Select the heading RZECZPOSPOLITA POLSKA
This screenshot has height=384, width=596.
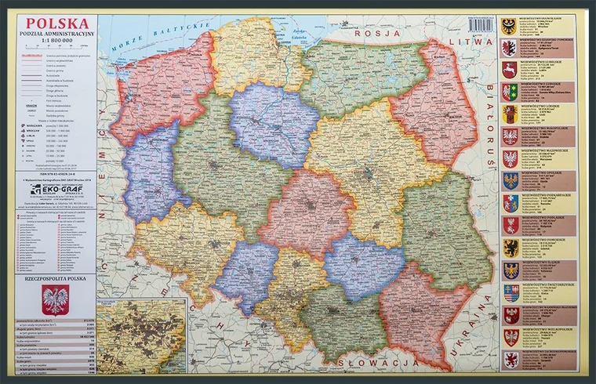[54, 277]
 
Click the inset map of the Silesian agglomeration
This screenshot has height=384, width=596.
[140, 336]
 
